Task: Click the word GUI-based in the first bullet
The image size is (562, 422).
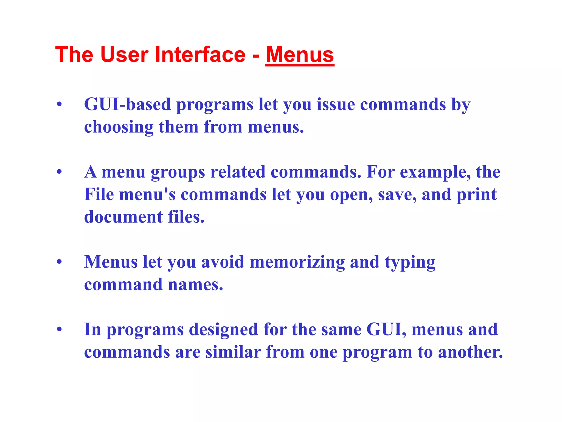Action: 127,104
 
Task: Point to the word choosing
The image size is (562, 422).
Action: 119,127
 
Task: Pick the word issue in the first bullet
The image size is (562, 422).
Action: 336,104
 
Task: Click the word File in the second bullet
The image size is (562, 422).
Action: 99,194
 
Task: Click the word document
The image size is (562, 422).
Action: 123,217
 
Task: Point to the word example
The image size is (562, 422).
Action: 435,173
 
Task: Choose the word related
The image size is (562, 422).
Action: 238,172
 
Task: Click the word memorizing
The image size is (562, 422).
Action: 297,262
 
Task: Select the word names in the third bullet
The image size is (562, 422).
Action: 195,284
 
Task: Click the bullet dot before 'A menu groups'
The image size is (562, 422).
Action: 59,172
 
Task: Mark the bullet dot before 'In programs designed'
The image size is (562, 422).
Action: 59,329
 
